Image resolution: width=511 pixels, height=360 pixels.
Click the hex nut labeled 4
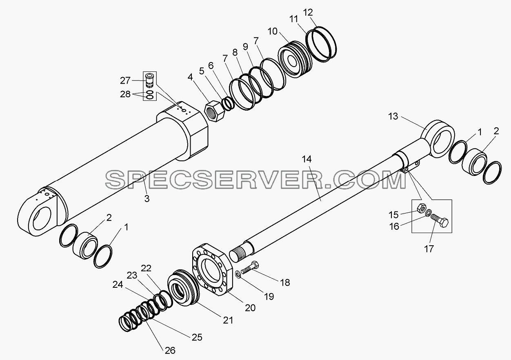coord(215,112)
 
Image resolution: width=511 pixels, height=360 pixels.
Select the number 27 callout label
coord(125,80)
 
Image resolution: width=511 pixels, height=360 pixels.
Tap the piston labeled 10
coord(295,59)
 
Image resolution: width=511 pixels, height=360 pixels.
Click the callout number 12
coord(308,12)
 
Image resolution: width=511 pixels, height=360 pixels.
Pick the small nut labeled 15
coord(422,208)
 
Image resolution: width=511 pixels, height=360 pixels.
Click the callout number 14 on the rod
coord(307,159)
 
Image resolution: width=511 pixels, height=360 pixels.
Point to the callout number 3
coord(147,198)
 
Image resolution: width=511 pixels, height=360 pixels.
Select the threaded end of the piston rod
coord(241,253)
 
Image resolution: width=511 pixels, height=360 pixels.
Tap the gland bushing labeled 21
coord(183,288)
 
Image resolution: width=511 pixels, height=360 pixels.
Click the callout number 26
coord(170,351)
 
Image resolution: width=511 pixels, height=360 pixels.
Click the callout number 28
coord(125,94)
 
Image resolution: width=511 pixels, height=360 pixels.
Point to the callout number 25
coord(197,337)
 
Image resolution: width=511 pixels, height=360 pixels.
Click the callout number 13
coord(393,116)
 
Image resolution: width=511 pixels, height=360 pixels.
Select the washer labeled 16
coord(429,213)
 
